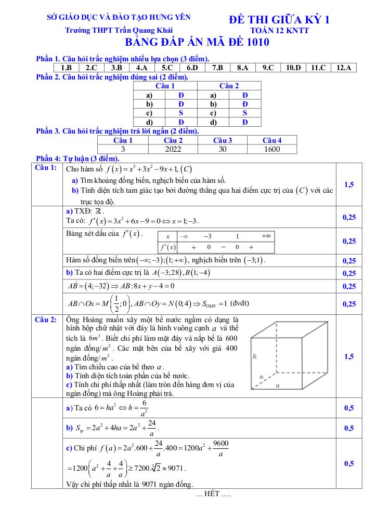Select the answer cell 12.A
(x=344, y=68)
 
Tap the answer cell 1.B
(x=66, y=68)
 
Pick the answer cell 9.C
(x=268, y=68)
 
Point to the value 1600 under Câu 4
(x=271, y=149)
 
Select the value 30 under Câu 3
(x=223, y=149)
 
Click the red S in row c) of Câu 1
(x=180, y=113)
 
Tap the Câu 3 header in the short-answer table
(x=223, y=140)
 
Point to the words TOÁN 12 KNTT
(x=279, y=31)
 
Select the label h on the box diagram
(x=254, y=357)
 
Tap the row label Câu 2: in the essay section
(x=46, y=319)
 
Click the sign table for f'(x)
(x=216, y=242)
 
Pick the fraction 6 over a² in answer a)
(x=144, y=408)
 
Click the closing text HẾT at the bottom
(x=212, y=494)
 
